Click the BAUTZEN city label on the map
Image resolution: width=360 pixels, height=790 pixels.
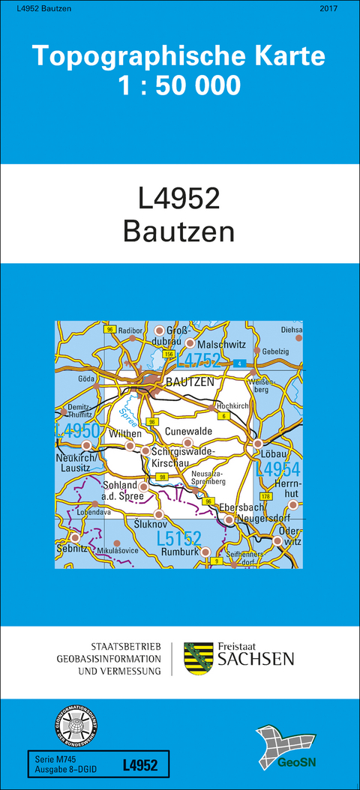pyautogui.click(x=190, y=382)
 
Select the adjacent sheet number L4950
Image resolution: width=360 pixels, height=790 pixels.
pyautogui.click(x=77, y=430)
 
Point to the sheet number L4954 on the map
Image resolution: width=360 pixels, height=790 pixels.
pyautogui.click(x=277, y=470)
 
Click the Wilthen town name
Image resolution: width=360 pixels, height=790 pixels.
pyautogui.click(x=103, y=433)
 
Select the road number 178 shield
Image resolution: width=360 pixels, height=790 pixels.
pyautogui.click(x=265, y=497)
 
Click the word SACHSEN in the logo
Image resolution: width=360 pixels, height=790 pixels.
pyautogui.click(x=256, y=659)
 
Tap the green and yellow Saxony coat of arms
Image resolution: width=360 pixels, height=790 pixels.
pyautogui.click(x=197, y=658)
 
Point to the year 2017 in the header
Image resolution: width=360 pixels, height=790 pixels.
pyautogui.click(x=328, y=8)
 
